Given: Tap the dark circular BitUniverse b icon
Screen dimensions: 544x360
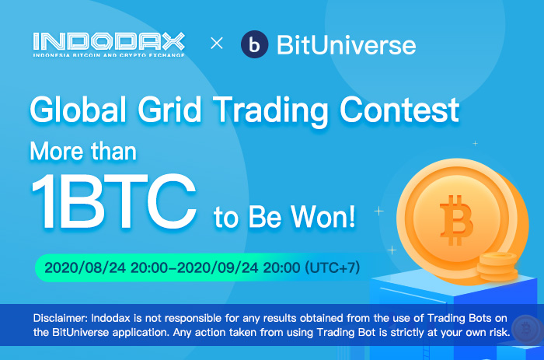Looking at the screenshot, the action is coord(254,44).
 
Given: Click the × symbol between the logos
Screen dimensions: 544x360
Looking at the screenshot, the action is coord(217,44).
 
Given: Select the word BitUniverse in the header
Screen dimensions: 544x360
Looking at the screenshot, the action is coord(347,45).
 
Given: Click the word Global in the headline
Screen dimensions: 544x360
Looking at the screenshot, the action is coord(78,110).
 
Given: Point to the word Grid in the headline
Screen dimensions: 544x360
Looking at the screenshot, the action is coord(169,110).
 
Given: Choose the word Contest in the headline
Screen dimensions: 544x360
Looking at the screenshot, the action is coord(399,110).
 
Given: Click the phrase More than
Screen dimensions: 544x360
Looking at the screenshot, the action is coord(83,152).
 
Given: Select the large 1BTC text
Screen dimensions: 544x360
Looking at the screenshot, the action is coord(113,201).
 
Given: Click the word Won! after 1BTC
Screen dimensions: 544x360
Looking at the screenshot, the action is coord(323,217).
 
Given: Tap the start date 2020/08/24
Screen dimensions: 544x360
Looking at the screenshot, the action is coord(85,267).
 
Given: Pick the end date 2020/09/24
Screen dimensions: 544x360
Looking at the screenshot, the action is coord(218,267).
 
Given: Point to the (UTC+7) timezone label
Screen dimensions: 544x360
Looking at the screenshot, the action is coord(333,267).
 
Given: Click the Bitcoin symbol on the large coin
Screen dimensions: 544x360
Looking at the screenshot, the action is coord(456,220).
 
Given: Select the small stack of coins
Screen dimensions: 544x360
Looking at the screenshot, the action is coord(497,267).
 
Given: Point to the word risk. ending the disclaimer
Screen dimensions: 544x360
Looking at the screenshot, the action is coord(500,332).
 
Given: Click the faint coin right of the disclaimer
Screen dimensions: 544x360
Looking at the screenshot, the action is coord(526,329).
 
